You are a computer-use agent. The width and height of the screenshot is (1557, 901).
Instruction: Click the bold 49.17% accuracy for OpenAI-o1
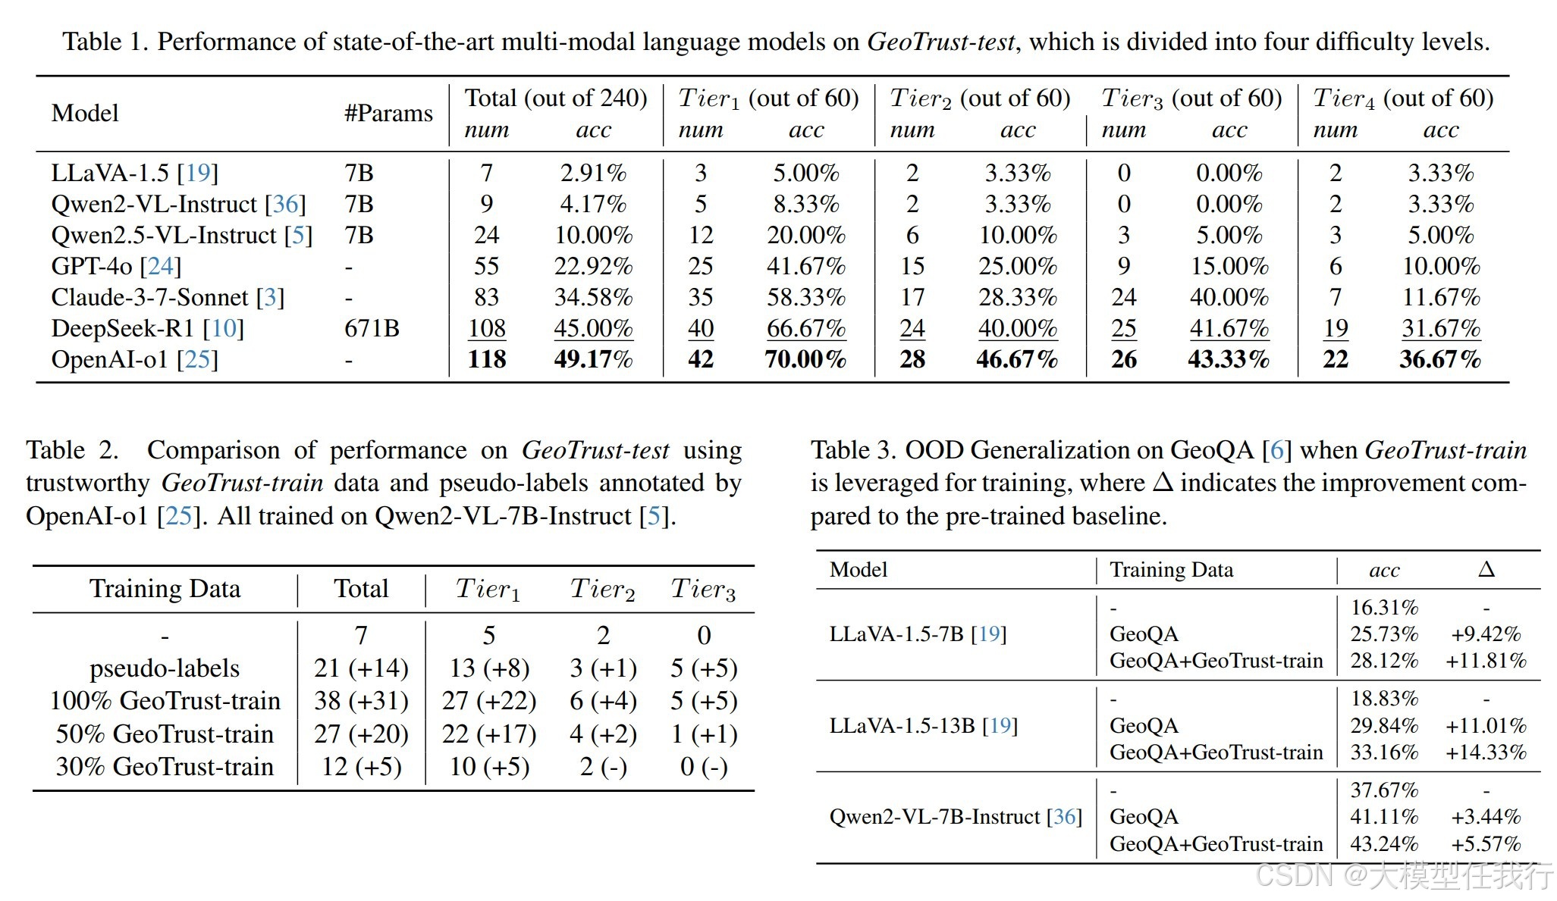[x=593, y=359]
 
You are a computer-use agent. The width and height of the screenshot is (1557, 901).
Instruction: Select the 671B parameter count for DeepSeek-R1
[x=372, y=329]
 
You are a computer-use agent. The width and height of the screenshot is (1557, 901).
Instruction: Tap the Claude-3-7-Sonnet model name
[x=149, y=298]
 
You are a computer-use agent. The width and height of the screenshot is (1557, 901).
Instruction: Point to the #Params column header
[x=388, y=114]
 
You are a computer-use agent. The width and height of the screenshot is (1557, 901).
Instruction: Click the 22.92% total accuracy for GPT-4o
[x=593, y=267]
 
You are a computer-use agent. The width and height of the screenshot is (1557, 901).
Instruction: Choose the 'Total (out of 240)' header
[x=556, y=99]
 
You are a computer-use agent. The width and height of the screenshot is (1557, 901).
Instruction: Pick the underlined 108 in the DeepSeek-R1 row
[x=487, y=329]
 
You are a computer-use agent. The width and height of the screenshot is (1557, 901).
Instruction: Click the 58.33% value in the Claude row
[x=805, y=298]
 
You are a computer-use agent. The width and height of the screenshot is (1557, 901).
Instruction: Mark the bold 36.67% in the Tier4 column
[x=1439, y=359]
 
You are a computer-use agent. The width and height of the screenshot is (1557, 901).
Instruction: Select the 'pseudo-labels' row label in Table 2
[x=165, y=668]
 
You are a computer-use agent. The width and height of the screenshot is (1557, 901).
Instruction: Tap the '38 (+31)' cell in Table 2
[x=361, y=701]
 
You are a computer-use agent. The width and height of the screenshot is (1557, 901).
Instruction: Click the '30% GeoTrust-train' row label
[x=165, y=767]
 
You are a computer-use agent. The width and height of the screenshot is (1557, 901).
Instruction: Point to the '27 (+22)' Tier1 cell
[x=489, y=701]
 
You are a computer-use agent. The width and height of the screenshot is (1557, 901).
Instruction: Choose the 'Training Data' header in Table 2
[x=165, y=589]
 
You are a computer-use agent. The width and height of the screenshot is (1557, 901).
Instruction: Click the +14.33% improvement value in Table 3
[x=1486, y=752]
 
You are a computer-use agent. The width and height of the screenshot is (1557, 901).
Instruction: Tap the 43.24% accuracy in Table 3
[x=1384, y=844]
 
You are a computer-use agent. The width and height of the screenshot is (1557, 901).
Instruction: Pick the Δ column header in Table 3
[x=1486, y=570]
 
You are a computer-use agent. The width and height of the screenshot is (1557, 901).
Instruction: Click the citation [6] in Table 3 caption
[x=1276, y=451]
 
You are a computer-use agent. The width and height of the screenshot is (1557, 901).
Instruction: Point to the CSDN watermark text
[x=1404, y=877]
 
